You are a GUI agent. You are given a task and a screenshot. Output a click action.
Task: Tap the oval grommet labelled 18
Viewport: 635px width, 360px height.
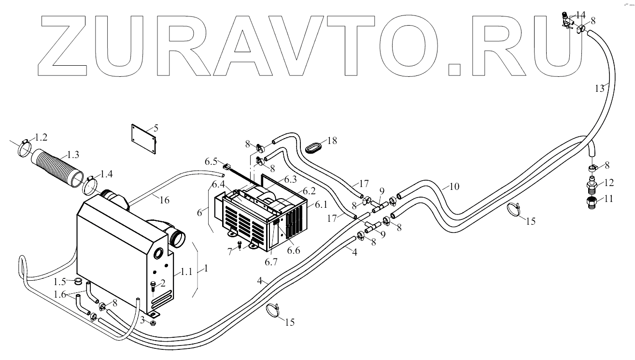[314, 147]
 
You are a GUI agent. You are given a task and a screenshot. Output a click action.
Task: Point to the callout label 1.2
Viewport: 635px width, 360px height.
[42, 137]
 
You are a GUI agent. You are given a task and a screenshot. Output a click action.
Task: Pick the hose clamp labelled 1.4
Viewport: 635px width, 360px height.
[90, 184]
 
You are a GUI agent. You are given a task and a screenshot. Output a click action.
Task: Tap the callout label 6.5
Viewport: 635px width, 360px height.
[212, 160]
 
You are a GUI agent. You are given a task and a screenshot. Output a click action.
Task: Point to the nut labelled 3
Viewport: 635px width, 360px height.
[153, 323]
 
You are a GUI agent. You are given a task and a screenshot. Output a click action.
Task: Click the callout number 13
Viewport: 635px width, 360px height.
[599, 88]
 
